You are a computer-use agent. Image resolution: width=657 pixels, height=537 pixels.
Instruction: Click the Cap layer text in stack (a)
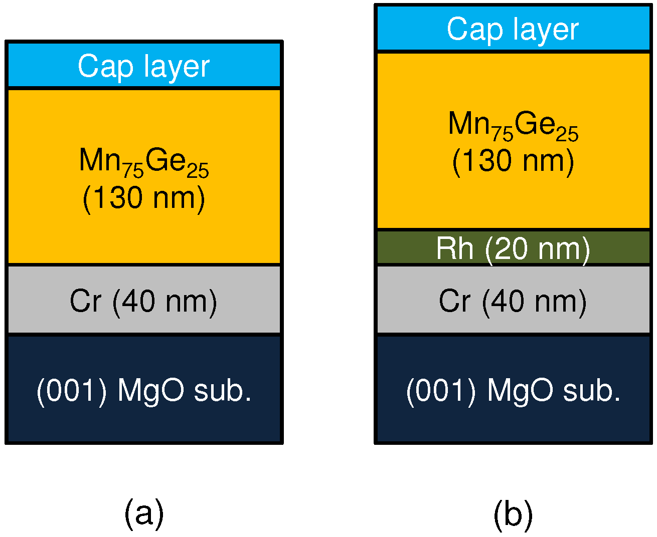pos(143,66)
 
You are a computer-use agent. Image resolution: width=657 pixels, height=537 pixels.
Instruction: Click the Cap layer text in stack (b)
pos(513,29)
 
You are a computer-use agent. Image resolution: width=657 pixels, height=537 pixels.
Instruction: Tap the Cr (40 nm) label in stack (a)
pos(143,301)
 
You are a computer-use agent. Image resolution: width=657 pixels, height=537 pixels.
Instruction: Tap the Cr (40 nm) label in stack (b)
pos(513,301)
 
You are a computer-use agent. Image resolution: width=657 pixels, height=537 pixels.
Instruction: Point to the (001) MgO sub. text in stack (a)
pos(143,390)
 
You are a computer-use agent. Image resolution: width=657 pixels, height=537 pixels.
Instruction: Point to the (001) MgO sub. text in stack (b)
pos(513,390)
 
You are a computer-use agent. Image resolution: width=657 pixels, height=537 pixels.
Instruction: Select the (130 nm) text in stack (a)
pos(143,198)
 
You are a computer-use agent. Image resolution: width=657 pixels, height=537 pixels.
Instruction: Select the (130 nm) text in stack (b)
pos(513,161)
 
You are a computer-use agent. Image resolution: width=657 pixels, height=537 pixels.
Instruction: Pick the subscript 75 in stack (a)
pos(133,171)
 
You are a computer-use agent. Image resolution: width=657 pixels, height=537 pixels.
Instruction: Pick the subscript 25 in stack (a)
pos(198,171)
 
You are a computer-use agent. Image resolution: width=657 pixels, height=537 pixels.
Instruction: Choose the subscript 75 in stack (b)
pos(503,134)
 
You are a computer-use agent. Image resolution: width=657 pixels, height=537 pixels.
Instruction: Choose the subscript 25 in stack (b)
pos(567,134)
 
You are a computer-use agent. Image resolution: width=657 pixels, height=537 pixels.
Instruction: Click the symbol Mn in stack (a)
pos(100,160)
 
